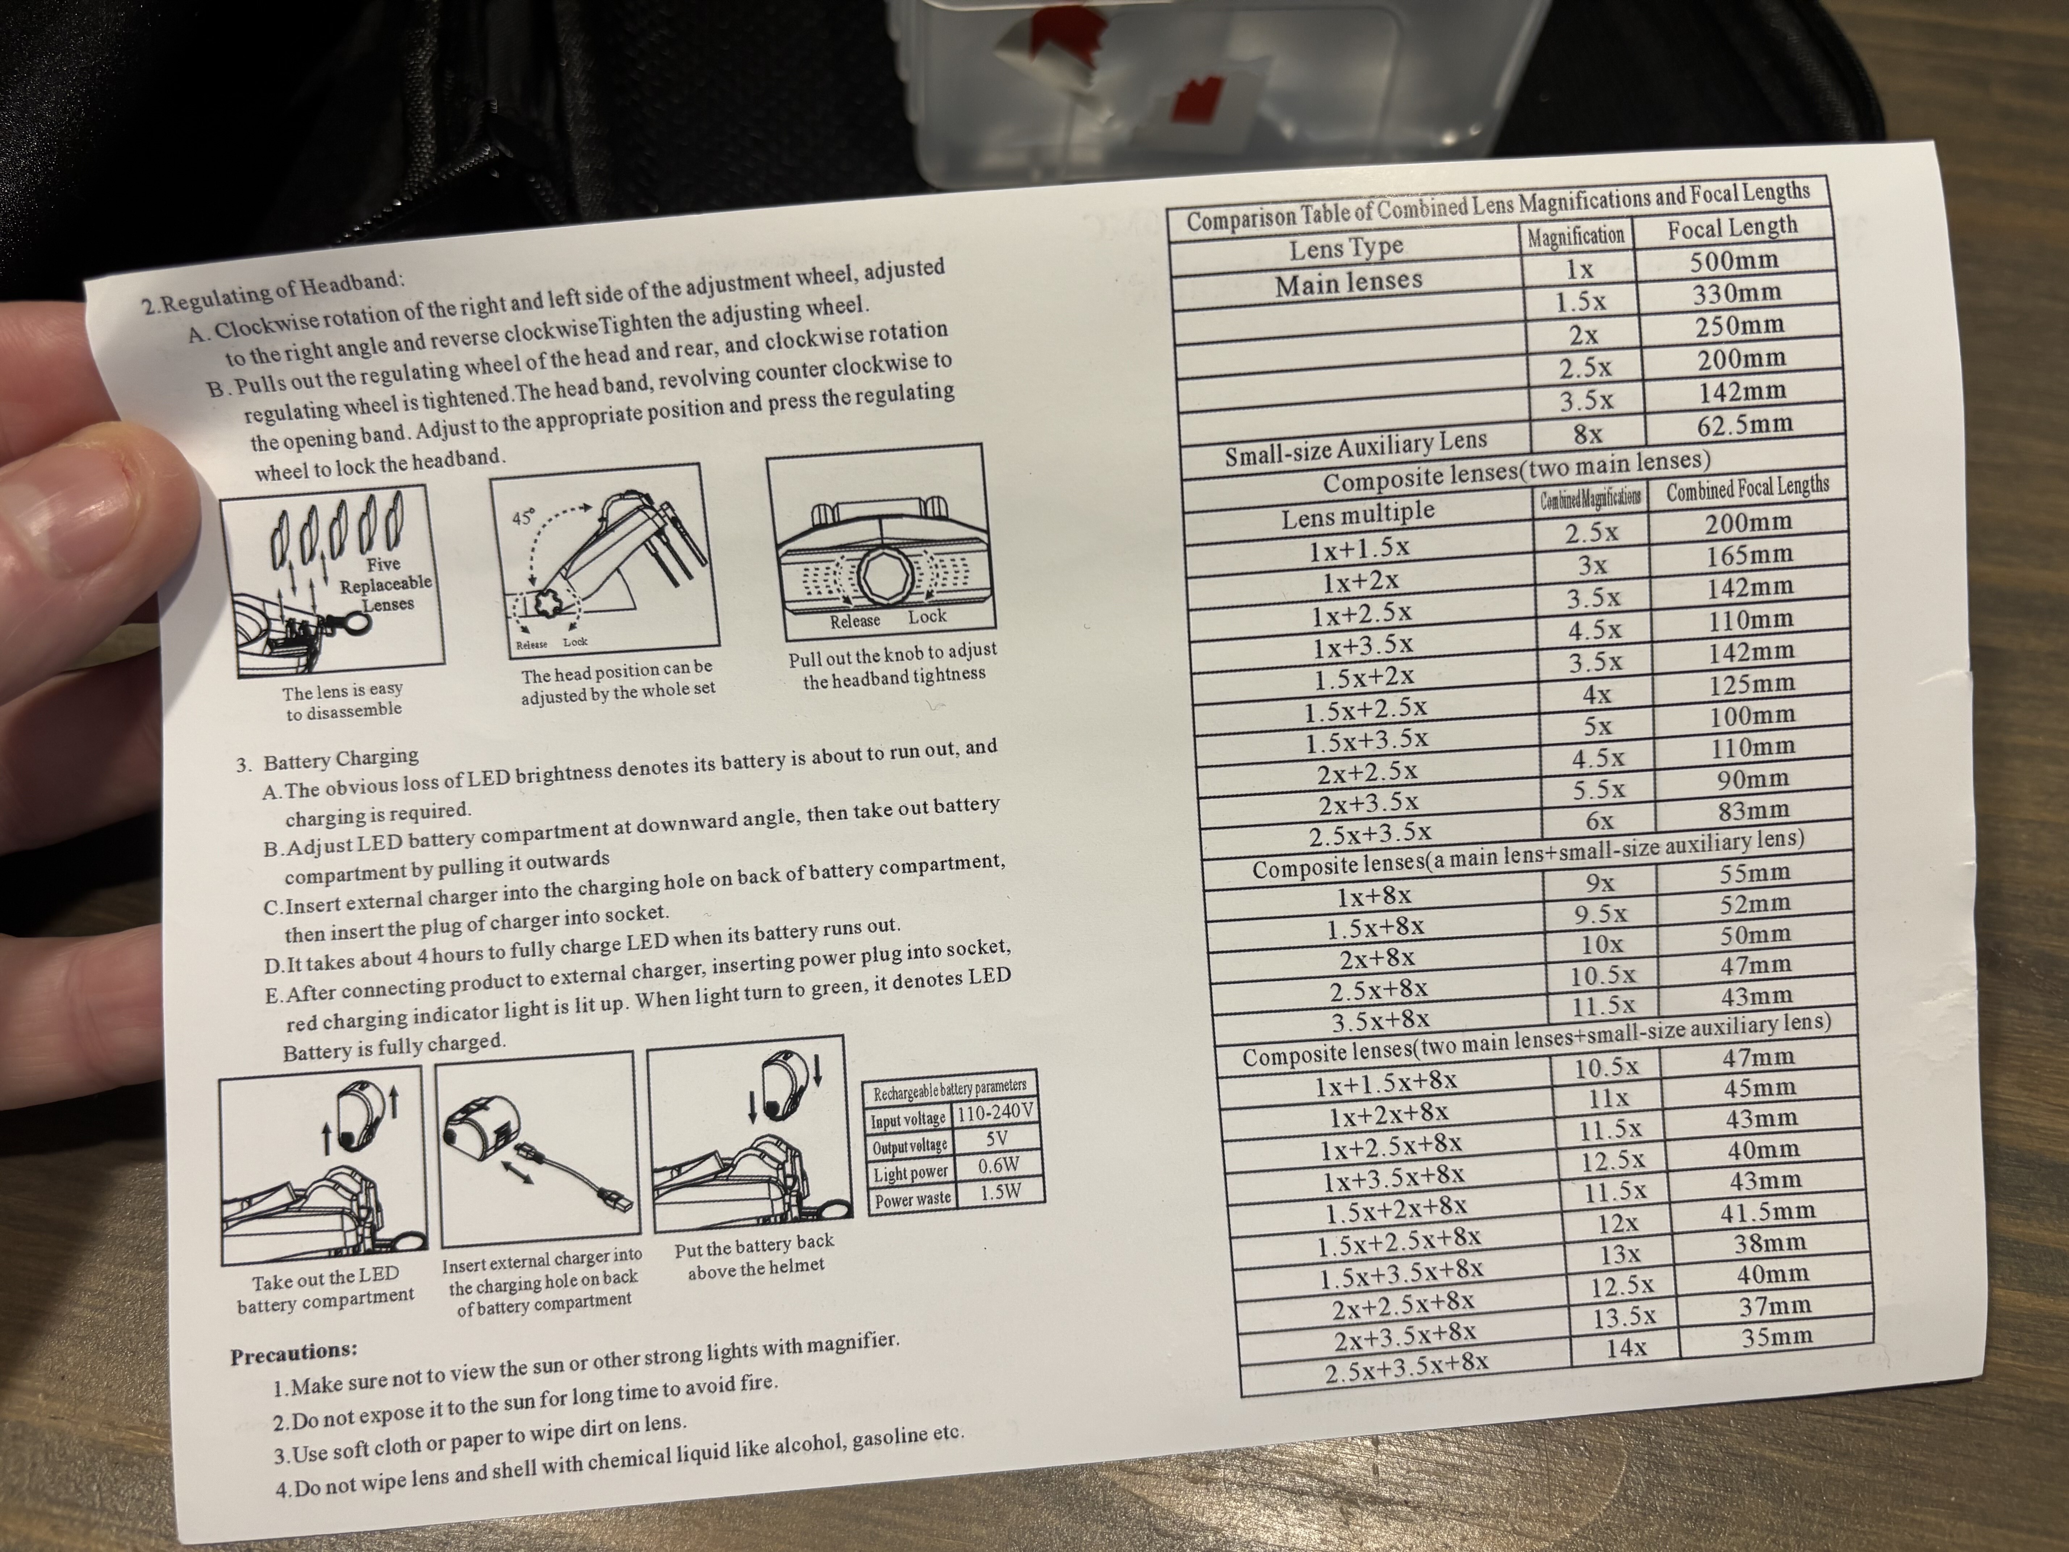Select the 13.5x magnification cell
tap(1625, 1317)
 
